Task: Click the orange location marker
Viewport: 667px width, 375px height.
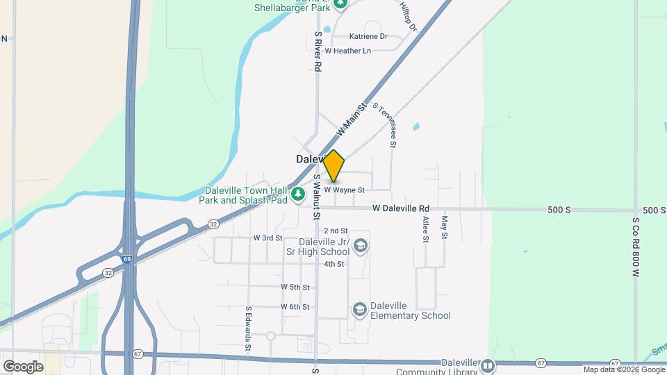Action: coord(334,165)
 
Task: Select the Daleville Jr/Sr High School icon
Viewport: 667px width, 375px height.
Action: coord(360,245)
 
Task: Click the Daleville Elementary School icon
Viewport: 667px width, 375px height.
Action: coord(359,309)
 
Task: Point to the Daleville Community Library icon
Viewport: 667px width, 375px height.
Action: coord(488,366)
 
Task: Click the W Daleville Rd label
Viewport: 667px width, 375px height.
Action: coord(401,208)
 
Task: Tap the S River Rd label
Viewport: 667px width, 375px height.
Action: coord(318,51)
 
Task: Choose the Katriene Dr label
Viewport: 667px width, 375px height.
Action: coord(368,36)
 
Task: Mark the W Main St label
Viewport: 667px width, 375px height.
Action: coord(351,121)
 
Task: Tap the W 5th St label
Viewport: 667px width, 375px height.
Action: coord(295,287)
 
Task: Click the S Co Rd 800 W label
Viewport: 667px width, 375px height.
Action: coord(635,247)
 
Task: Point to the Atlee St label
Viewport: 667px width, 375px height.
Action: coord(426,228)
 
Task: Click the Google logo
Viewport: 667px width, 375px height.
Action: coord(23,366)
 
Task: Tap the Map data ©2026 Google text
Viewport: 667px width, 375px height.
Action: coord(624,370)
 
